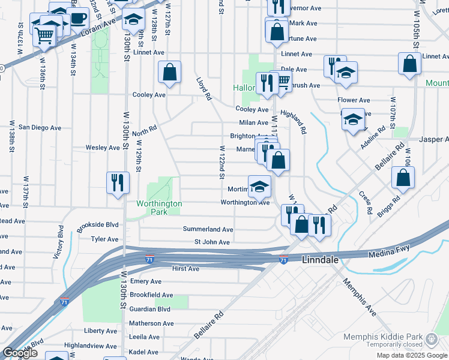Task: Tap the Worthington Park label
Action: (x=159, y=208)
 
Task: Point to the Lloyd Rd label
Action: (x=205, y=88)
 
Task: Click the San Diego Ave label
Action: (x=40, y=127)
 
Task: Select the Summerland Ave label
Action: (x=208, y=229)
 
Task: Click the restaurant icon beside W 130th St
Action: (x=118, y=182)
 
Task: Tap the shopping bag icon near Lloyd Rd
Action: (x=170, y=73)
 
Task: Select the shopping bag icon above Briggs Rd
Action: (x=403, y=177)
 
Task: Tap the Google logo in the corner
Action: (x=20, y=353)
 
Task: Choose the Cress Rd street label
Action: (x=364, y=202)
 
